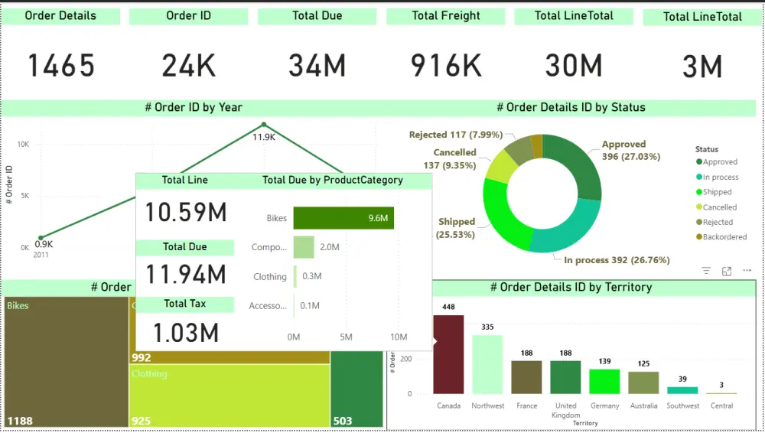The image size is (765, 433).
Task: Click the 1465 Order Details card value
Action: [x=61, y=67]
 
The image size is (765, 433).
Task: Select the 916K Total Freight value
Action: [x=446, y=67]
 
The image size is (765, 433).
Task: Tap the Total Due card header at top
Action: [x=317, y=16]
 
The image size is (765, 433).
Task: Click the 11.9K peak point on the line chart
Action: [x=264, y=125]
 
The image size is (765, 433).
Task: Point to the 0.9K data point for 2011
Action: [x=41, y=238]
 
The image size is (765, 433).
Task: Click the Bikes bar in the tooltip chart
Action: [x=343, y=218]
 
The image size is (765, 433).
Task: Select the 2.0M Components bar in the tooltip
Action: [x=304, y=247]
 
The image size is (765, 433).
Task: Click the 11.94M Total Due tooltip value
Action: [x=185, y=274]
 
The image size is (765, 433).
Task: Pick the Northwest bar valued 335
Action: [x=487, y=364]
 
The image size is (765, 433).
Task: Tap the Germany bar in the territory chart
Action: [x=604, y=381]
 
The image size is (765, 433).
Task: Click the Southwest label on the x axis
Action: [x=682, y=406]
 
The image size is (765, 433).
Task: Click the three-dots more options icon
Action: [x=747, y=271]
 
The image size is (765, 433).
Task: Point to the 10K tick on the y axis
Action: [x=23, y=145]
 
